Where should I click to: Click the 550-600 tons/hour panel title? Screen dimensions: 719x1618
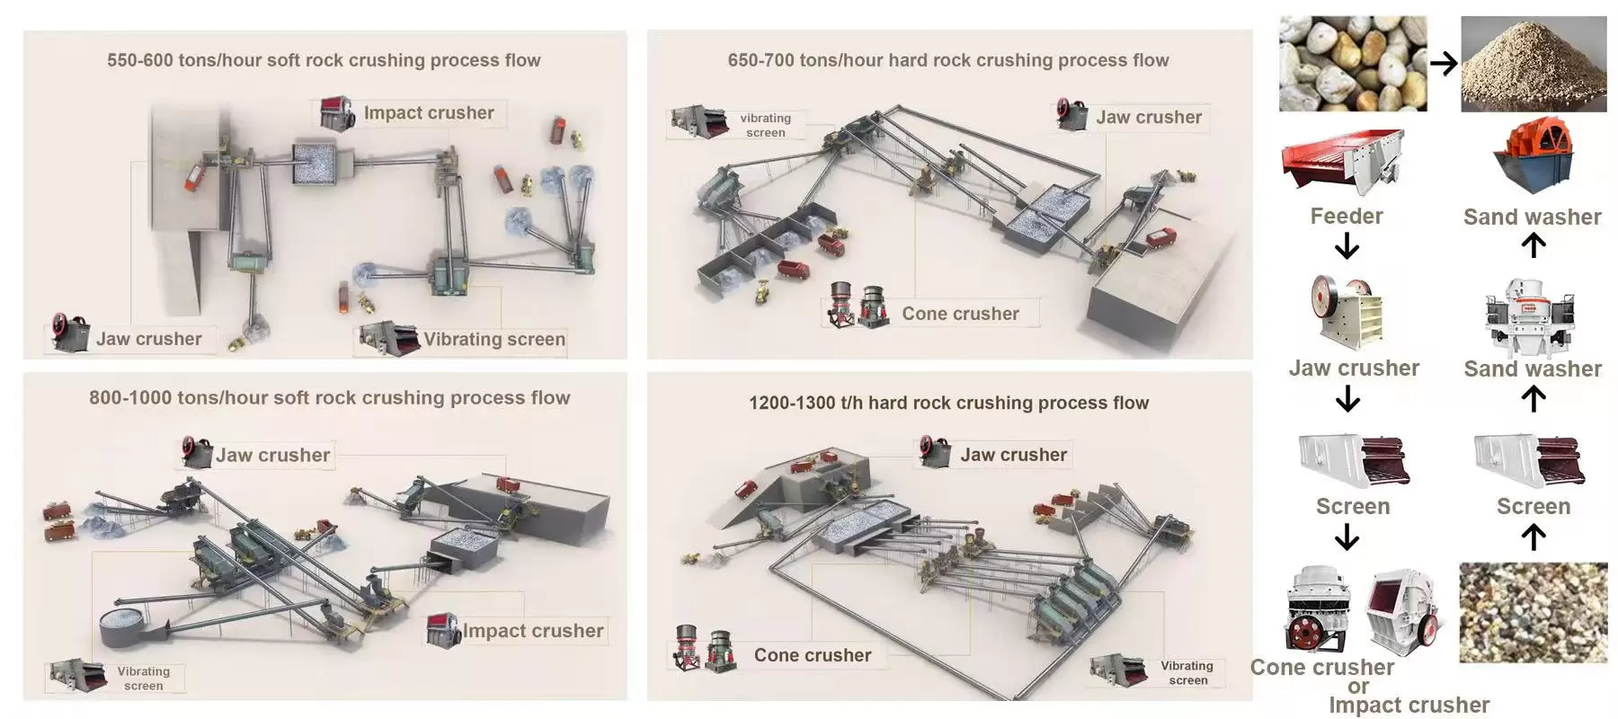(x=324, y=60)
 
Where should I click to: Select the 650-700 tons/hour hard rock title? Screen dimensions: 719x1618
(x=948, y=60)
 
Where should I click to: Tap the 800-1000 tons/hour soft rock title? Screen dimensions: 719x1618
(x=329, y=397)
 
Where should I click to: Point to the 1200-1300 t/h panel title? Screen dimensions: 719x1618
(x=948, y=403)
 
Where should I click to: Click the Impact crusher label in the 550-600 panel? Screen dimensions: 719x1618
(x=429, y=113)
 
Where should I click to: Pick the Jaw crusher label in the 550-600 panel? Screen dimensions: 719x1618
(x=148, y=339)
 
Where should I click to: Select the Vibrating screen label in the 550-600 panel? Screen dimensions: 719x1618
(x=494, y=339)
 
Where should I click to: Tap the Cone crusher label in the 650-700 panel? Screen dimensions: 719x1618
(x=960, y=314)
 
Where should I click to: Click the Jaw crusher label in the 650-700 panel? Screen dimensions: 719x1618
(x=1148, y=117)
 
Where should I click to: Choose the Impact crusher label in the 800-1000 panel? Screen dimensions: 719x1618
(x=532, y=631)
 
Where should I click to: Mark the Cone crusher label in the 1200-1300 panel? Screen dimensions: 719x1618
(x=813, y=655)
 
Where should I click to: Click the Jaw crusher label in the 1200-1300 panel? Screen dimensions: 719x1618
(x=1013, y=455)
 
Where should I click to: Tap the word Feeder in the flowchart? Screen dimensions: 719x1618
(x=1346, y=217)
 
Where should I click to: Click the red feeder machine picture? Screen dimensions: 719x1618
(x=1342, y=162)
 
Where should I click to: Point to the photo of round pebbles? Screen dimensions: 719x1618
(x=1353, y=64)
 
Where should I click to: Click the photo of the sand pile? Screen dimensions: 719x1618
(x=1534, y=64)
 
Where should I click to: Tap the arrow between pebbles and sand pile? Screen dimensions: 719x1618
(x=1444, y=64)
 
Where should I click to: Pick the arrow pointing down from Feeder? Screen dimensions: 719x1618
(x=1347, y=245)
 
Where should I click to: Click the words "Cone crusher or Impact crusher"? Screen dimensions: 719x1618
(x=1366, y=686)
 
